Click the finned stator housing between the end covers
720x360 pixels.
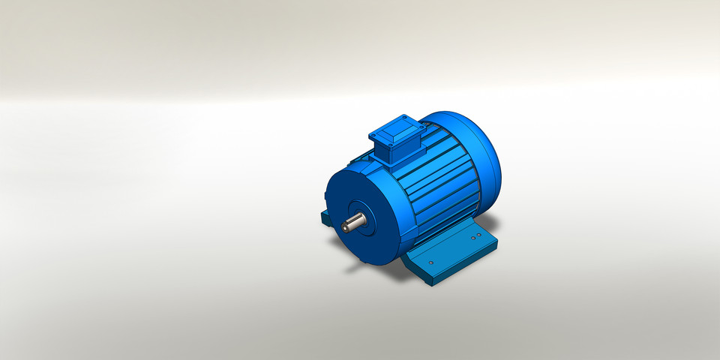click(x=442, y=187)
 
